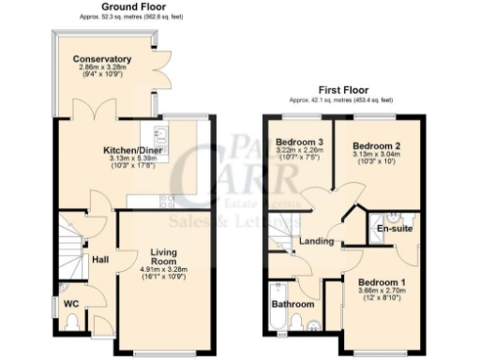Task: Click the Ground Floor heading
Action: (115, 7)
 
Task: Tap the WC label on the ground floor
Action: (70, 304)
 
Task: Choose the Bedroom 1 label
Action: (382, 282)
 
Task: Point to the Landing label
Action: (316, 242)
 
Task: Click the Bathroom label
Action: (292, 305)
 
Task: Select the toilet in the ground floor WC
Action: (73, 323)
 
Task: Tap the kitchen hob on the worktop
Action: (166, 200)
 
